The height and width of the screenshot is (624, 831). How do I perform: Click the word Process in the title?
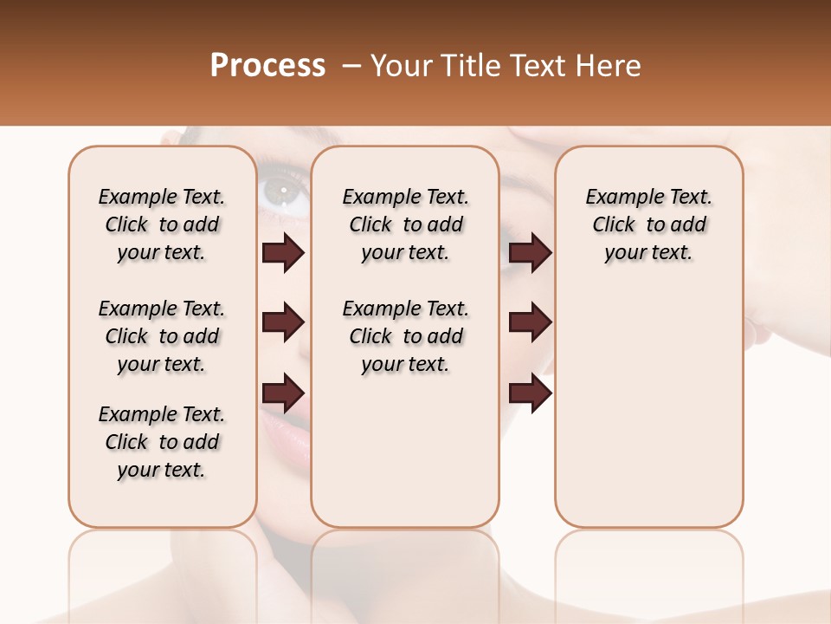coord(267,66)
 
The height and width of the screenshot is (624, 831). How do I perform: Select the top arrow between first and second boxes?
coord(283,253)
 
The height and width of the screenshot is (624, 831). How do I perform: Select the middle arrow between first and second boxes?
coord(283,323)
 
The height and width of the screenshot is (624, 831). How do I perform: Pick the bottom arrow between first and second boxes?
coord(283,393)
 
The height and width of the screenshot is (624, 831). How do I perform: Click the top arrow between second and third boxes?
coord(530,253)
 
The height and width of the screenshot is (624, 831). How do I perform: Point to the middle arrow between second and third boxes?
coord(530,323)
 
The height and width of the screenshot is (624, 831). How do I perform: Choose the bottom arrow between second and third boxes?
coord(530,393)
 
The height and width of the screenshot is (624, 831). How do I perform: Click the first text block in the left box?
coord(162,224)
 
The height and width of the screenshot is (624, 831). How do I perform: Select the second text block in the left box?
coord(162,336)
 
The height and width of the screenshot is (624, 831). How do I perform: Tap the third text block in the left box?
coord(162,442)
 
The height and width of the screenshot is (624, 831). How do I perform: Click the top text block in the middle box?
coord(405,224)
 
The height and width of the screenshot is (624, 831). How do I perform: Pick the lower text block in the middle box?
coord(405,336)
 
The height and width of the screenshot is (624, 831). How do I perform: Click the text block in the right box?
coord(649,224)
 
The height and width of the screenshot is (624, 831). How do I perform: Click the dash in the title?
coord(351,66)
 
